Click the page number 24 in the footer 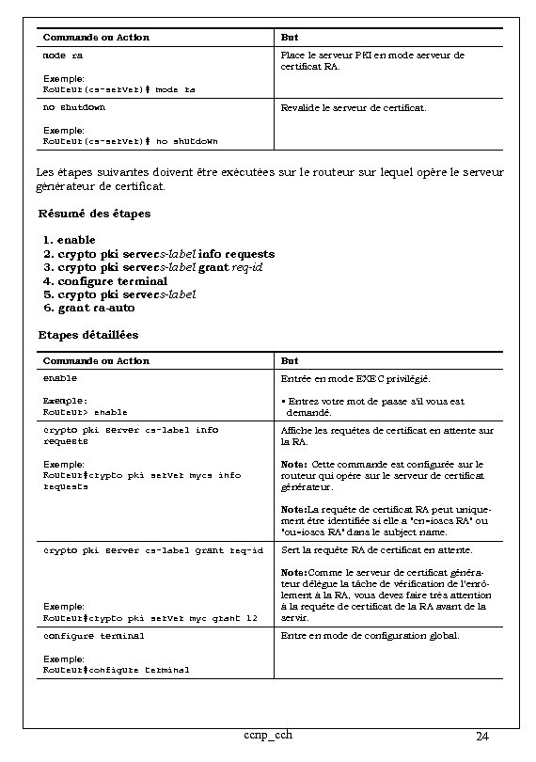(x=481, y=736)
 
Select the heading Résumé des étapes (x=94, y=214)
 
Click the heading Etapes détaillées (x=88, y=335)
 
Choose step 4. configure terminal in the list (x=105, y=280)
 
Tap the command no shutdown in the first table (x=74, y=107)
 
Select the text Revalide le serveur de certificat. (x=354, y=108)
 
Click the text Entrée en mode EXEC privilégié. (x=356, y=379)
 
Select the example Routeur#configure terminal (x=117, y=670)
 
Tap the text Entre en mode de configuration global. (x=370, y=637)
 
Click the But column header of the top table (x=290, y=38)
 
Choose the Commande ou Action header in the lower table (x=96, y=361)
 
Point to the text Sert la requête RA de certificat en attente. (x=377, y=550)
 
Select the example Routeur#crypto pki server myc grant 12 (x=150, y=618)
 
